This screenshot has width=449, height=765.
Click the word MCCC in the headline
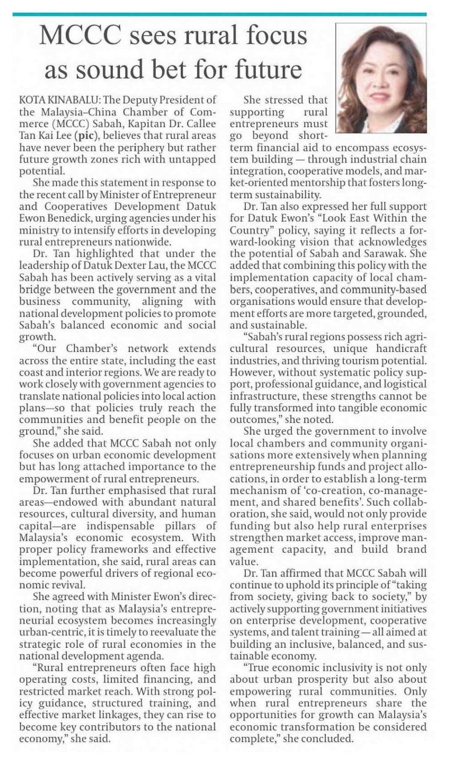click(80, 36)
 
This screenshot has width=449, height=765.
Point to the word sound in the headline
click(109, 69)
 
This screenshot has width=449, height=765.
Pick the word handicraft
click(401, 349)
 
